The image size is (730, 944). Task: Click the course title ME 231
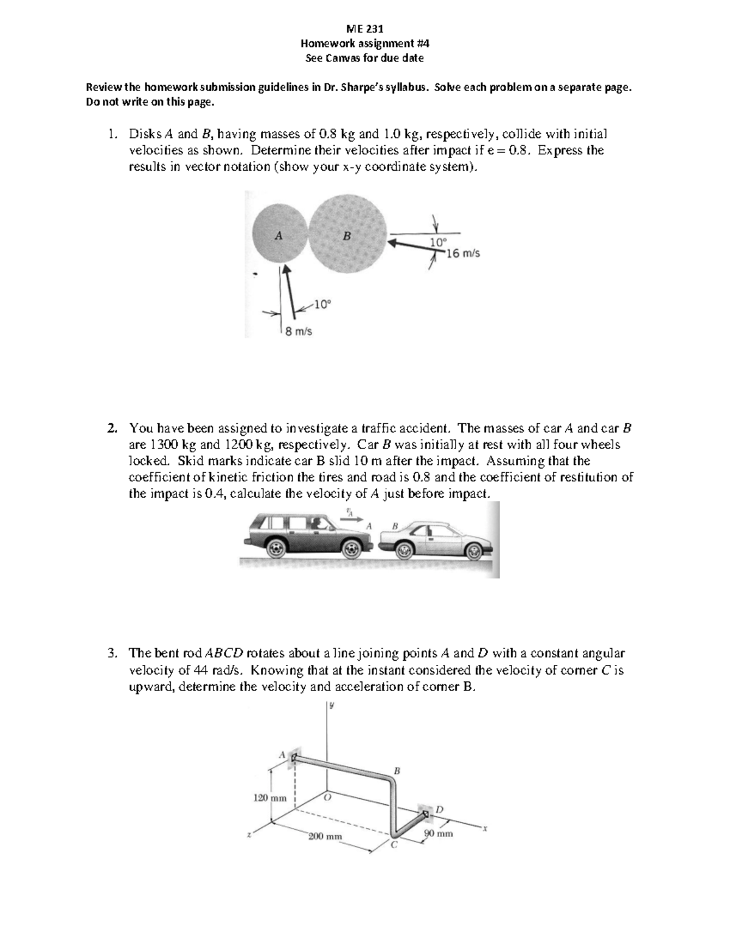click(x=364, y=28)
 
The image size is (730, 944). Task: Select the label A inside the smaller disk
click(x=278, y=236)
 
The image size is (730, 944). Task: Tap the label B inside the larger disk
click(x=346, y=236)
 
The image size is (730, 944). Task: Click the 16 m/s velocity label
click(x=463, y=253)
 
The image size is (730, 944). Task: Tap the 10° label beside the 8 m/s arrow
click(x=322, y=304)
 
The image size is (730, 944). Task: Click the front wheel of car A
click(x=350, y=549)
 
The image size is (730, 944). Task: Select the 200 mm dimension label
click(x=325, y=836)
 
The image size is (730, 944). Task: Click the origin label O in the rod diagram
click(x=327, y=797)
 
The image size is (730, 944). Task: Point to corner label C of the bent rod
click(x=394, y=844)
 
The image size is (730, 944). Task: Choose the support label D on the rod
click(x=440, y=809)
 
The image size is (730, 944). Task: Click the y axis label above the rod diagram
click(x=332, y=706)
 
